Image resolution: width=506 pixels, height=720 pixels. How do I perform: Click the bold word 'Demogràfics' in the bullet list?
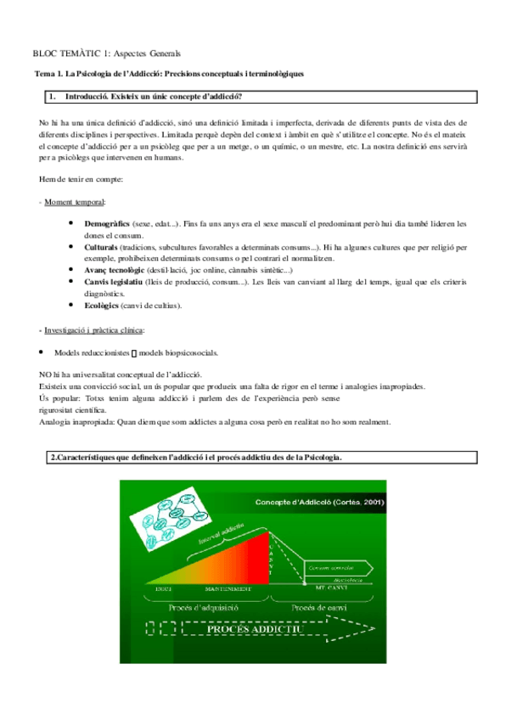107,223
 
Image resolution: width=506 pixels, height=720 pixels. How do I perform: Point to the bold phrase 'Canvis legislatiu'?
114,281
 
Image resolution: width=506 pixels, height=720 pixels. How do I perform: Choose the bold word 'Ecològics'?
103,304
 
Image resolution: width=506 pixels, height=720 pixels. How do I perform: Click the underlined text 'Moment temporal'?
74,202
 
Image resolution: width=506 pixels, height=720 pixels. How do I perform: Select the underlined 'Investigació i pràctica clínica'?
93,329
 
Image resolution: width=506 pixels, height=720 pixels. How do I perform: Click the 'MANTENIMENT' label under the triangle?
228,588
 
